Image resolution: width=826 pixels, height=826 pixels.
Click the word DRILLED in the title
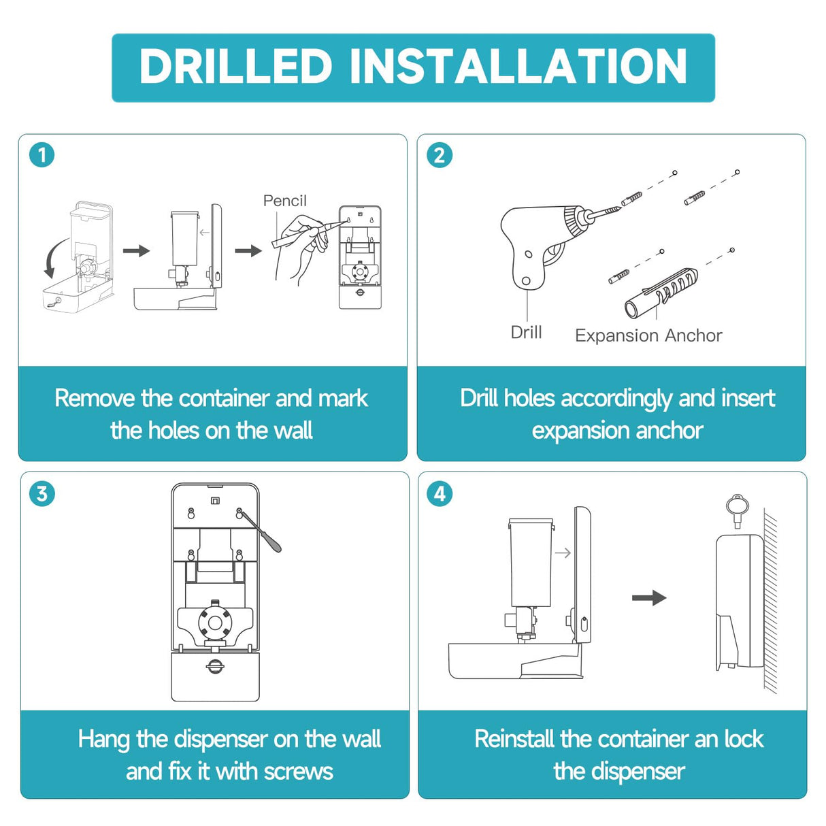[235, 66]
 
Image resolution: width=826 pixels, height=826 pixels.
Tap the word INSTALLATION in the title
[518, 66]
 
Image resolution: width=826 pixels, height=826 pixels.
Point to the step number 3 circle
[42, 493]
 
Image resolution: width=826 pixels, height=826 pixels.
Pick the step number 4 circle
[440, 493]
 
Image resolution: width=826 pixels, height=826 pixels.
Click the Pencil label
[284, 201]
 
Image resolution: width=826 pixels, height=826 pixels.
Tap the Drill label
[526, 332]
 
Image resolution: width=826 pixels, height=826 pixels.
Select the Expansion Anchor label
[648, 335]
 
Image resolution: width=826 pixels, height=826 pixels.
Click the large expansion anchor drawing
[661, 293]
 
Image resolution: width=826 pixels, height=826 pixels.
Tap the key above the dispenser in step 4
[736, 512]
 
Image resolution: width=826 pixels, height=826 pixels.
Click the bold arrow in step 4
[649, 597]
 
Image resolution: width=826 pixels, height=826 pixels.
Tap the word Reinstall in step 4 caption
[514, 738]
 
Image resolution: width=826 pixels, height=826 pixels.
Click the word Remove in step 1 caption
[95, 398]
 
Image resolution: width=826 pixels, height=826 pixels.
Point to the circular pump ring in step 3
[215, 623]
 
